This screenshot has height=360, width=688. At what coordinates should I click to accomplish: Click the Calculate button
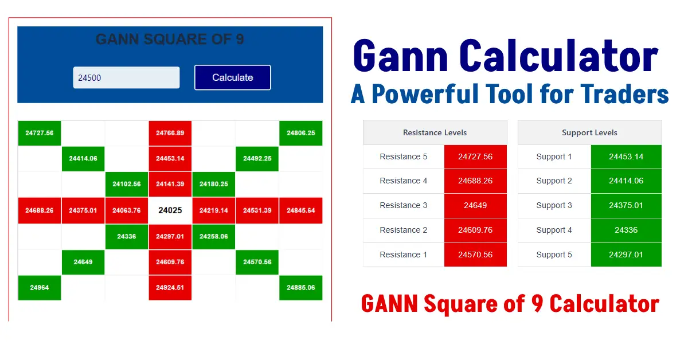[x=232, y=77]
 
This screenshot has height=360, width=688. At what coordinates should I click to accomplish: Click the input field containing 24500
[x=126, y=77]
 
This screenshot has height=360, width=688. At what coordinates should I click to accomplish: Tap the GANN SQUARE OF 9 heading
[x=170, y=40]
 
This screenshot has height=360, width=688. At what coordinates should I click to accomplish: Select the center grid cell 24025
[x=170, y=210]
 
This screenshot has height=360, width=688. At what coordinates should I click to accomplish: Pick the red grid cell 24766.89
[x=170, y=133]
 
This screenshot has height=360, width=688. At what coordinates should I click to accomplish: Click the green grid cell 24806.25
[x=301, y=133]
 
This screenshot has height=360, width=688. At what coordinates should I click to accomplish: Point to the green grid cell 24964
[x=40, y=288]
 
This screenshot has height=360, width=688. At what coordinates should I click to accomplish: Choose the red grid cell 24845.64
[x=301, y=210]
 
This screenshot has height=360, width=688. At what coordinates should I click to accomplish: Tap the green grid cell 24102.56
[x=127, y=185]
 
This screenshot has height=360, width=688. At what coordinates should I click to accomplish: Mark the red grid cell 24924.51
[x=170, y=288]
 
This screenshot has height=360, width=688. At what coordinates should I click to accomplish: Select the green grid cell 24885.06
[x=301, y=288]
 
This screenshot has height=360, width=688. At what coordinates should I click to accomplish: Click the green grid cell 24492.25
[x=257, y=159]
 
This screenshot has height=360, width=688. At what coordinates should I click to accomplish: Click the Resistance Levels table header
[x=435, y=132]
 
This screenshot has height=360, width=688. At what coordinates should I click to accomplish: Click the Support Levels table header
[x=589, y=132]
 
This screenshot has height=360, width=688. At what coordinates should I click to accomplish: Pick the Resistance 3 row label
[x=404, y=205]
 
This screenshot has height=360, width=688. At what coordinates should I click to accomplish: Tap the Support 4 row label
[x=554, y=230]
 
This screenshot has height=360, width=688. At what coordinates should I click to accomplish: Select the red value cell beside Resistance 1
[x=475, y=255]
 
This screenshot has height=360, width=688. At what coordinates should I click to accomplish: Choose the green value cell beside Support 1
[x=626, y=156]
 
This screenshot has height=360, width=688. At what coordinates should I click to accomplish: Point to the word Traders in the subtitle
[x=624, y=94]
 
